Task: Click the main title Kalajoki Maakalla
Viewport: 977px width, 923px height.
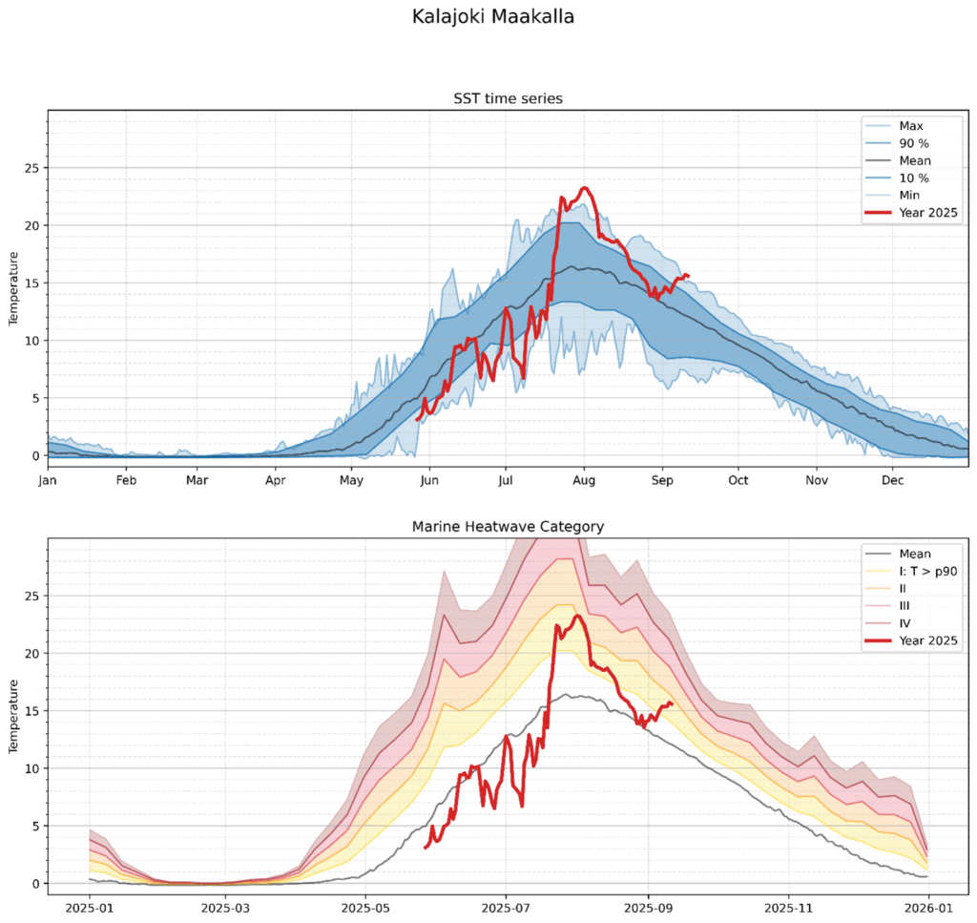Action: pos(493,17)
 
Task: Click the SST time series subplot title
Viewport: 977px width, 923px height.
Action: pos(507,99)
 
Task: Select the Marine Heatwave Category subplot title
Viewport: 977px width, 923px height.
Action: pos(507,526)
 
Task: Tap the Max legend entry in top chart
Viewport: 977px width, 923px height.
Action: pos(911,125)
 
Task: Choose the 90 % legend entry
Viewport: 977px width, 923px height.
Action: pos(913,143)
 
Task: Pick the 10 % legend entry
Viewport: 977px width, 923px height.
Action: pos(913,178)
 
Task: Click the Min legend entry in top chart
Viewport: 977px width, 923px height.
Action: pos(910,195)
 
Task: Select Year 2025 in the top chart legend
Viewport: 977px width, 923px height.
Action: pos(928,213)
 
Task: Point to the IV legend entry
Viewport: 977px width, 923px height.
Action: pos(905,622)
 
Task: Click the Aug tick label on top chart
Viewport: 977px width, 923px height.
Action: pos(585,481)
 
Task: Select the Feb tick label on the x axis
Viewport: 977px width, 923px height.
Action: pos(125,481)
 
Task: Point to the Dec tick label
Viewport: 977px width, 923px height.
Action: pos(892,481)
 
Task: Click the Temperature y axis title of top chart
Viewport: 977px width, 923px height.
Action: pos(14,288)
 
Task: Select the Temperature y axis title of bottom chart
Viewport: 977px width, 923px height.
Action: pos(14,716)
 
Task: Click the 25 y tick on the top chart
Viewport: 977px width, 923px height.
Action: pos(29,168)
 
